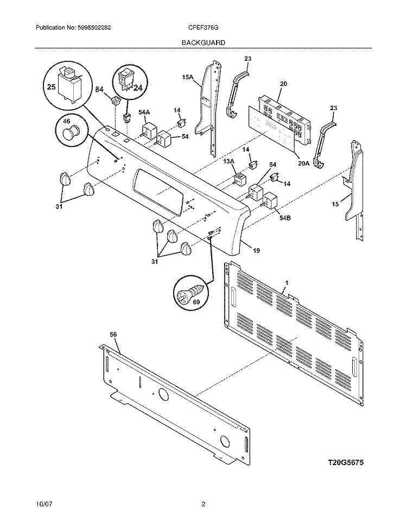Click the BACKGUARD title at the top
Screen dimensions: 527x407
pyautogui.click(x=203, y=42)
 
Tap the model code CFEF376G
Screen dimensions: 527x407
pyautogui.click(x=204, y=28)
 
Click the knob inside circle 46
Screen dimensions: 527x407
pyautogui.click(x=71, y=132)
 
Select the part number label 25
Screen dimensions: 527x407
pyautogui.click(x=52, y=87)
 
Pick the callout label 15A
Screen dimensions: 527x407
pyautogui.click(x=188, y=78)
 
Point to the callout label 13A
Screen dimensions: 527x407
pyautogui.click(x=228, y=161)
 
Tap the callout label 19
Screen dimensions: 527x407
pyautogui.click(x=256, y=250)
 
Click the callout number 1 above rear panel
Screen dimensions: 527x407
pyautogui.click(x=287, y=283)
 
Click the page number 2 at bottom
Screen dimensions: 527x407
pyautogui.click(x=203, y=504)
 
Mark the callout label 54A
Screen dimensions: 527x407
pyautogui.click(x=144, y=112)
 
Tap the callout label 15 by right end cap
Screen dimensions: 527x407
pyautogui.click(x=335, y=204)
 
